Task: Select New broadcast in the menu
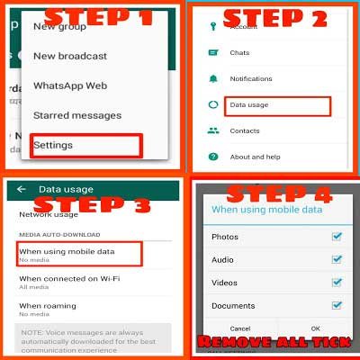tap(69, 56)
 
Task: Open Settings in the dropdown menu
tap(53, 145)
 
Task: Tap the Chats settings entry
tap(238, 53)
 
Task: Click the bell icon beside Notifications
tap(213, 79)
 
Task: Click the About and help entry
tap(256, 157)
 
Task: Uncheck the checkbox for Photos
tap(336, 237)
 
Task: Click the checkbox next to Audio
tap(336, 259)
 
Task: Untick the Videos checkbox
tap(336, 283)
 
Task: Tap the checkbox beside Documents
tap(336, 306)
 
